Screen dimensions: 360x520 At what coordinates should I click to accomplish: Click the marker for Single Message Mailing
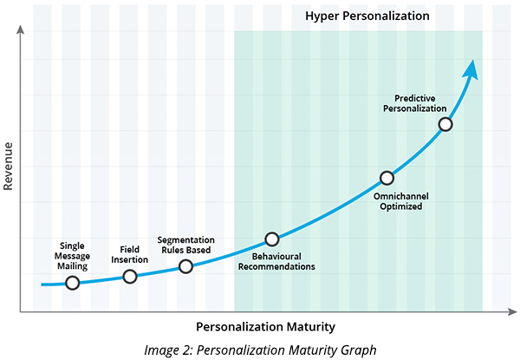pyautogui.click(x=72, y=283)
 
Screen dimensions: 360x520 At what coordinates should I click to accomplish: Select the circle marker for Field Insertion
pyautogui.click(x=130, y=276)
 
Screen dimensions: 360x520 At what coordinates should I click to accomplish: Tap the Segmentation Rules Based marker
pyautogui.click(x=185, y=266)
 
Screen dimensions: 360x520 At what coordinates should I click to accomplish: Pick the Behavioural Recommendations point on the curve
pyautogui.click(x=272, y=239)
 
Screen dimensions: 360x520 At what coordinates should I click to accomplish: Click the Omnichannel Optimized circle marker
pyautogui.click(x=387, y=178)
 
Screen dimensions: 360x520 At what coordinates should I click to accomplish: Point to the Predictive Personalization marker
pyautogui.click(x=445, y=124)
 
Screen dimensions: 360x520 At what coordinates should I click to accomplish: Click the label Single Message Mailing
pyautogui.click(x=72, y=257)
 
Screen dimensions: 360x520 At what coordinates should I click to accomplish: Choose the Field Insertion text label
pyautogui.click(x=130, y=254)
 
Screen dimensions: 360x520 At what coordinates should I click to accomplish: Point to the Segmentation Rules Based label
pyautogui.click(x=185, y=244)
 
